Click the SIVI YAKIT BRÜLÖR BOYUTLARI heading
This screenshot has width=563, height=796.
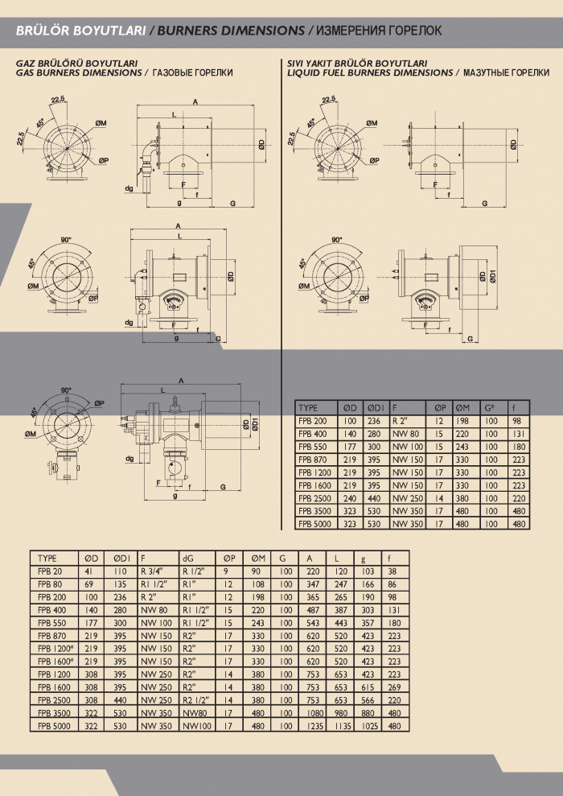357,62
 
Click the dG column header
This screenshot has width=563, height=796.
188,557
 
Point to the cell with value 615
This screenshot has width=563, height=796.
369,687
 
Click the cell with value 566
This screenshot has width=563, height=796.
369,699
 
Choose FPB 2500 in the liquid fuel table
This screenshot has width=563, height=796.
315,498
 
